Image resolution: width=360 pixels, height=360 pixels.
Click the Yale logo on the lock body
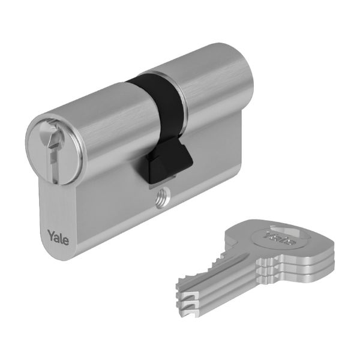pyautogui.click(x=58, y=238)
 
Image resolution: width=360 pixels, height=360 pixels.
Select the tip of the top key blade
pyautogui.click(x=178, y=286)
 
